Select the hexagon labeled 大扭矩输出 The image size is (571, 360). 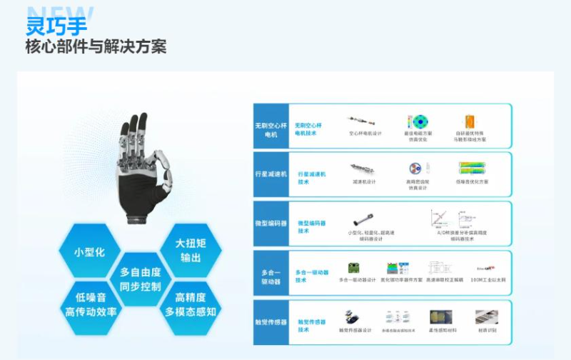[189, 249]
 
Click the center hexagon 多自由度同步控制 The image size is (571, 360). [141, 279]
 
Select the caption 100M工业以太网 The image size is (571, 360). [487, 279]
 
